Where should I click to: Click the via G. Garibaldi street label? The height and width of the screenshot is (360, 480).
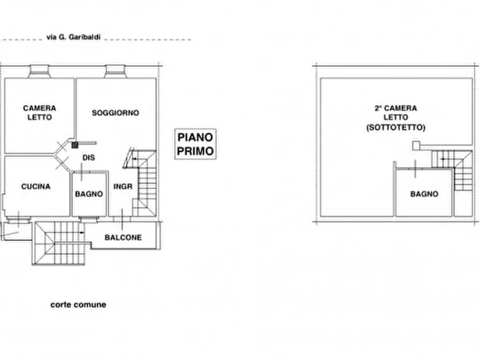(x=74, y=38)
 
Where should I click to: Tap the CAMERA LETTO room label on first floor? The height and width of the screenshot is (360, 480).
(x=39, y=113)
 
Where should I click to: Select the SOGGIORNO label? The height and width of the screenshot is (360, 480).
(x=116, y=113)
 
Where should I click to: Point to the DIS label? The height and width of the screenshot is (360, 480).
(x=89, y=157)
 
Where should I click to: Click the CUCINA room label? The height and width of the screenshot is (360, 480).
(x=36, y=186)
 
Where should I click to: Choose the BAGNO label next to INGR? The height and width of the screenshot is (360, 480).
(x=89, y=194)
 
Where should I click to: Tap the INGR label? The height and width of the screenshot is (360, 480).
(x=123, y=186)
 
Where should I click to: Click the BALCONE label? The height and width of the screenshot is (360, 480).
(x=123, y=237)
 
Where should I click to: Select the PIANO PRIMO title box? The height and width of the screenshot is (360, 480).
(x=195, y=144)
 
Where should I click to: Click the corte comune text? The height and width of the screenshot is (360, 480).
(x=78, y=305)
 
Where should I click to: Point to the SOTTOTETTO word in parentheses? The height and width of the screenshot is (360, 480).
(x=396, y=127)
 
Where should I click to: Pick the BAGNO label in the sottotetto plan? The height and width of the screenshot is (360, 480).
(x=424, y=194)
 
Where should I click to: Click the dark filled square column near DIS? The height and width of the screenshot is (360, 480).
(x=75, y=145)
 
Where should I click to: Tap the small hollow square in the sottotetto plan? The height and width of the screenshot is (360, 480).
(x=415, y=146)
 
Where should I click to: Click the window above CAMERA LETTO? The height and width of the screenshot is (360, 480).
(x=39, y=71)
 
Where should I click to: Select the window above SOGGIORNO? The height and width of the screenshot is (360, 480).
(x=116, y=71)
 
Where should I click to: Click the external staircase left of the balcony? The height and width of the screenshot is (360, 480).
(x=59, y=243)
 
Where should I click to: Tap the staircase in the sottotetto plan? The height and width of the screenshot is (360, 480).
(x=452, y=170)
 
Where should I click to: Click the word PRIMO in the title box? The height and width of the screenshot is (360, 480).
(x=195, y=151)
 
